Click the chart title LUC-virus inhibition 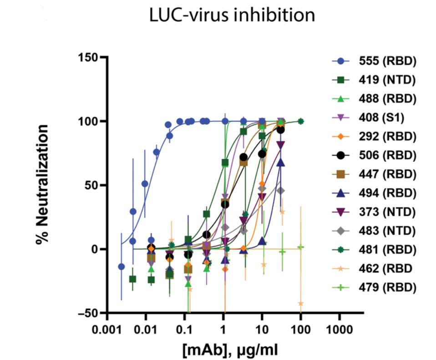tap(232, 15)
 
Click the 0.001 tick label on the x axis tap(107, 328)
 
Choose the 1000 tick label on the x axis tap(339, 328)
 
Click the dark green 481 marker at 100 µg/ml tap(300, 122)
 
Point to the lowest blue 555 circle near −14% tap(122, 267)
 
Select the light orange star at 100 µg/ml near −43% tap(300, 304)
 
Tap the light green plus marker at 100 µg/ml tap(300, 247)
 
